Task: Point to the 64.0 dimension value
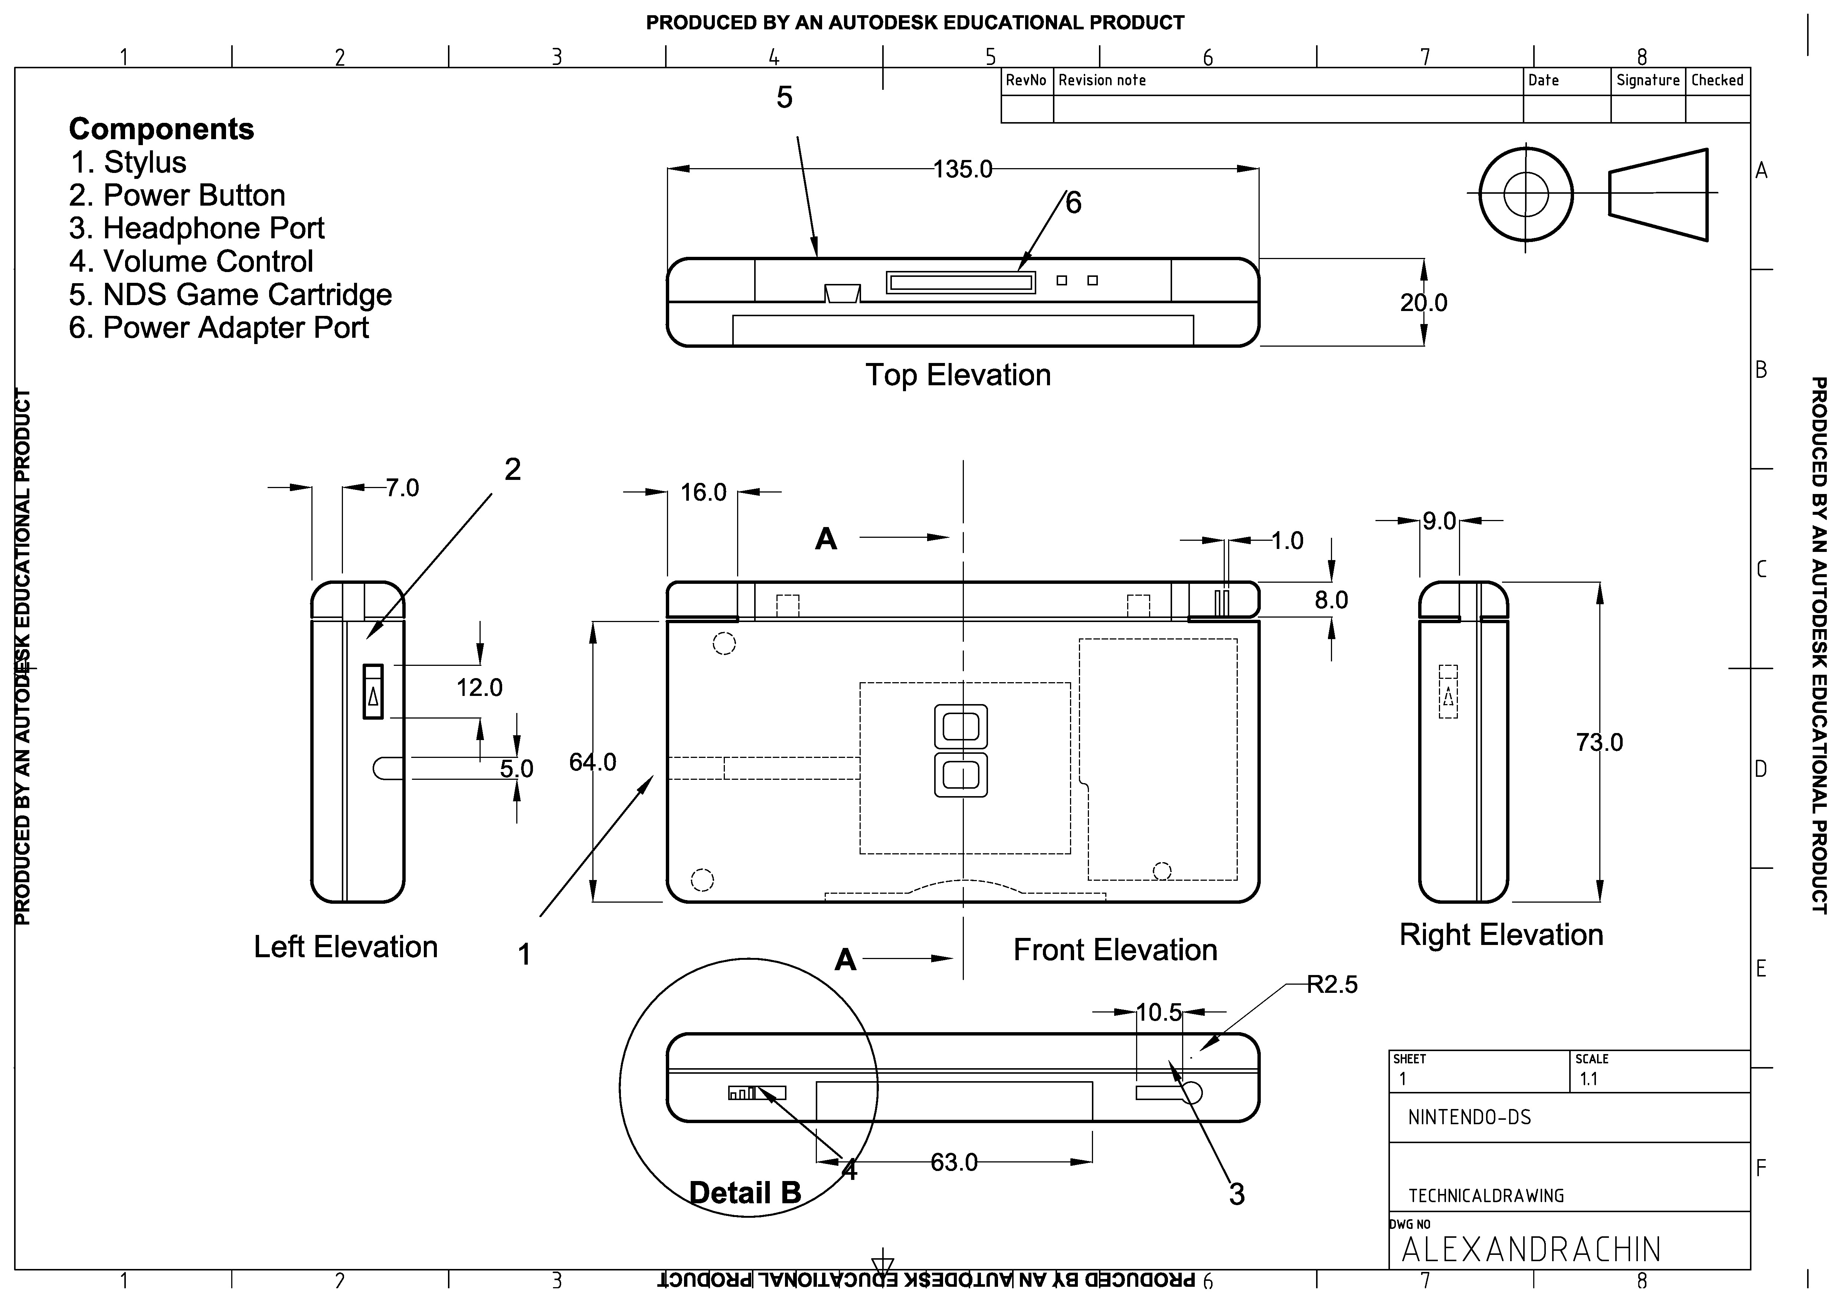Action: click(593, 762)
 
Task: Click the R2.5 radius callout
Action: click(1332, 984)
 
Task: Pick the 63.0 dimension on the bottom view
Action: click(954, 1162)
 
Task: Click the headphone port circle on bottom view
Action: click(1192, 1093)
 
